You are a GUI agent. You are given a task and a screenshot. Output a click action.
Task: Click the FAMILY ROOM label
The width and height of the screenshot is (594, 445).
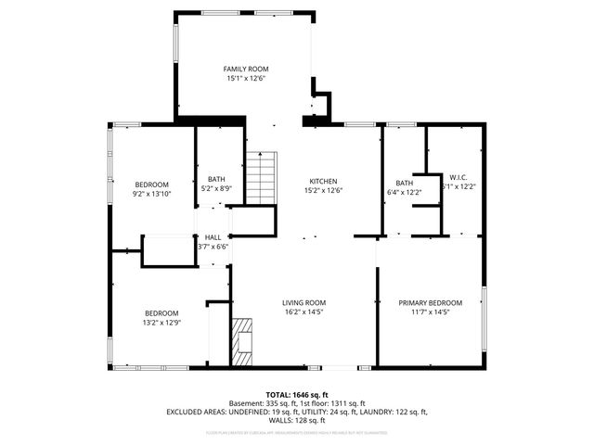[245, 70]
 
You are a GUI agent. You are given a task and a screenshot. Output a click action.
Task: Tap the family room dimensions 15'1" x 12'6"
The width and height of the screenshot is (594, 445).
[245, 79]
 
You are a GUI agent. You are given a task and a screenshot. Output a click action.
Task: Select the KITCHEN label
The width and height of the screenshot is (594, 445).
[323, 181]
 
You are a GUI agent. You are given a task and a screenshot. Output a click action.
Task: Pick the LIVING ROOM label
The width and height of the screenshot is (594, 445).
[304, 302]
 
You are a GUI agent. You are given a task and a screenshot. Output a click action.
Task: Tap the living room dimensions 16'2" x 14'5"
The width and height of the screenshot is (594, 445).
[304, 312]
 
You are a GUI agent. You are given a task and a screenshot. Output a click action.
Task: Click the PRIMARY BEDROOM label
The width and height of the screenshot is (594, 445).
[431, 302]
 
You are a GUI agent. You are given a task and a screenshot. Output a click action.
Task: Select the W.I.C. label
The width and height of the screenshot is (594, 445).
[458, 177]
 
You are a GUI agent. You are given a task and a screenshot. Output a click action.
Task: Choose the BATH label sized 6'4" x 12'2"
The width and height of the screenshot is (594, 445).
[404, 183]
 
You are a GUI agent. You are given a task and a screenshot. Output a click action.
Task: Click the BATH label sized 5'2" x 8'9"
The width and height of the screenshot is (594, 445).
[216, 179]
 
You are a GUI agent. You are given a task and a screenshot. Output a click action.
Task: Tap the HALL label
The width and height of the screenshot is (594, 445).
[213, 237]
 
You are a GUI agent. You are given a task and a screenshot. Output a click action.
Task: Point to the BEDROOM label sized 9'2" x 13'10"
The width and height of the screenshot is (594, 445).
[151, 184]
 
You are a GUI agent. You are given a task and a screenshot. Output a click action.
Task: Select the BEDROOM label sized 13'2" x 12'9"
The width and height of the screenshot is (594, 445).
[161, 313]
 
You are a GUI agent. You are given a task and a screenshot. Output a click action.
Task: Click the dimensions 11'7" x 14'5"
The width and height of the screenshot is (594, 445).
[431, 312]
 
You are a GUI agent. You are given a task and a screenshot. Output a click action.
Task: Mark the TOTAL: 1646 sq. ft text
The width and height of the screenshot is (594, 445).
[297, 394]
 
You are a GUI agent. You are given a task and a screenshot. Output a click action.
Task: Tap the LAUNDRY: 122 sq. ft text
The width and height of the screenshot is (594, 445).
[394, 412]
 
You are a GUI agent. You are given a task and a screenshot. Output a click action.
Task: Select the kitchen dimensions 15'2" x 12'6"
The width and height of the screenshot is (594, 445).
[323, 190]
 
